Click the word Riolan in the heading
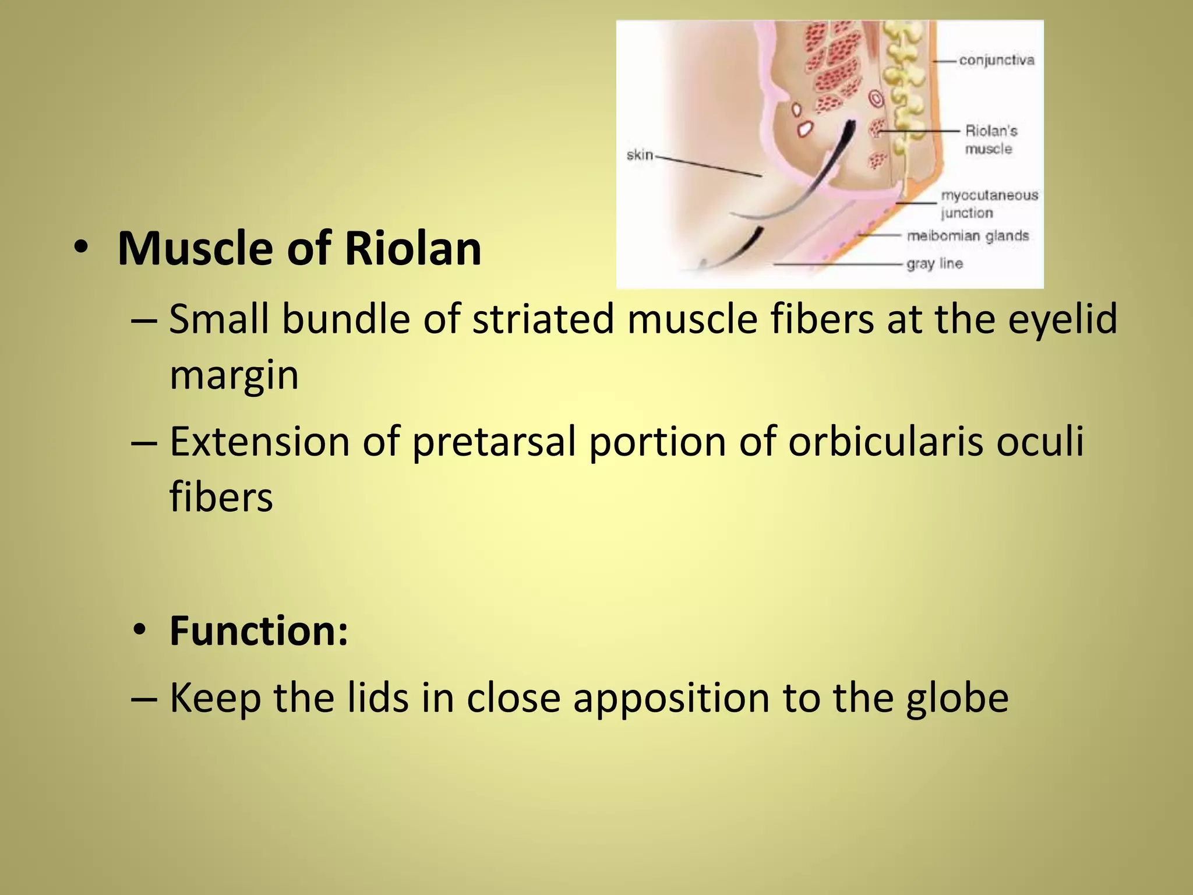click(x=412, y=249)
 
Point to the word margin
click(x=234, y=376)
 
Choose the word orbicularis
click(x=885, y=441)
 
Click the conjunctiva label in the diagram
click(x=997, y=60)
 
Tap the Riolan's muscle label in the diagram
click(x=990, y=140)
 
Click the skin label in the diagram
click(x=640, y=155)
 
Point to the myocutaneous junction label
click(x=989, y=204)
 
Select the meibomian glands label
click(x=968, y=236)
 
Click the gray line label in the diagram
click(x=934, y=264)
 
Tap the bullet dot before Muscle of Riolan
click(x=81, y=248)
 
